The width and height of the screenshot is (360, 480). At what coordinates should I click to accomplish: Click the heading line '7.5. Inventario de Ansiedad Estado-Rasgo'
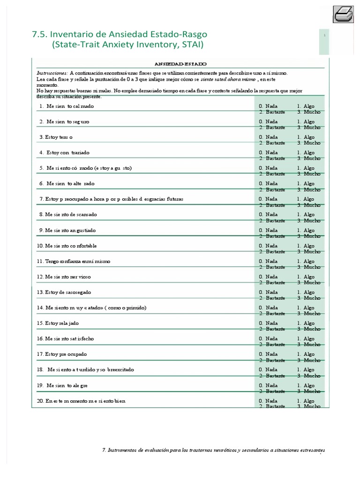(x=120, y=34)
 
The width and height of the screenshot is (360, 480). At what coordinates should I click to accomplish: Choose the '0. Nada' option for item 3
(x=268, y=137)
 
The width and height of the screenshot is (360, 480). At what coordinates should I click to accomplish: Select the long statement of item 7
(x=111, y=199)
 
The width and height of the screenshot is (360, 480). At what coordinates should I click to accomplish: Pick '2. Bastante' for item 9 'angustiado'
(x=272, y=236)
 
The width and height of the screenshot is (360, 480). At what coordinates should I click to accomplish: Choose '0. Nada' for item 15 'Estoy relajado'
(x=268, y=323)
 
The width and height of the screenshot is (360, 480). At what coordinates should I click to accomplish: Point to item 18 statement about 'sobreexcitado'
(x=90, y=369)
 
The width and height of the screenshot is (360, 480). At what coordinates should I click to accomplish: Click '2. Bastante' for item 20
(x=272, y=406)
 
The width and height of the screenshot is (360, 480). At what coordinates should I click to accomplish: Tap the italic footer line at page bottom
(x=213, y=450)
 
